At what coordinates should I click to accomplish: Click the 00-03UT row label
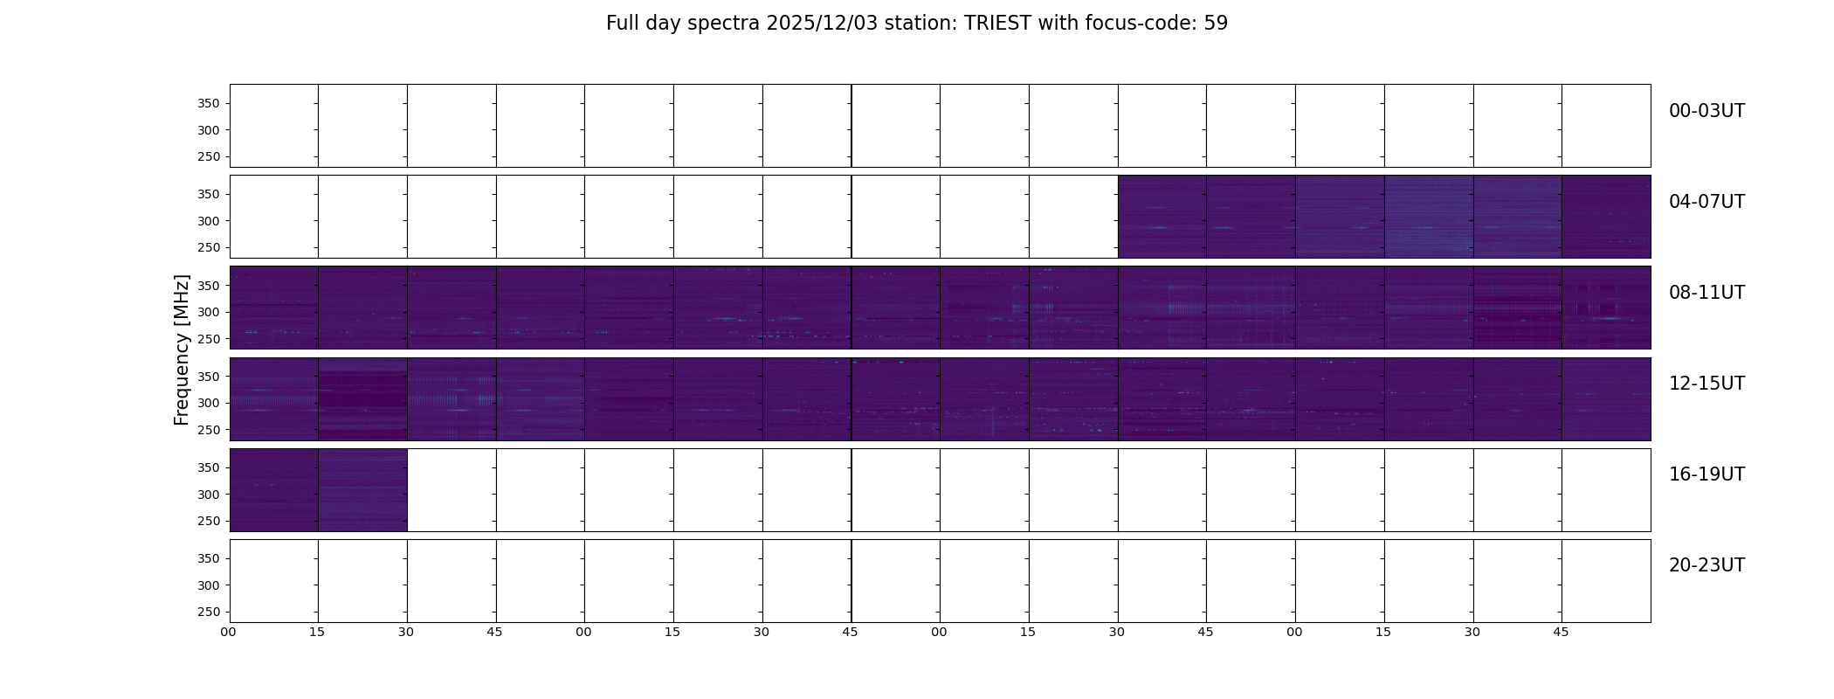pyautogui.click(x=1706, y=111)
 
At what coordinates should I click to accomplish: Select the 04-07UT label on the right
pyautogui.click(x=1706, y=202)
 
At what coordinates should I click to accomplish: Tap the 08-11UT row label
pyautogui.click(x=1706, y=293)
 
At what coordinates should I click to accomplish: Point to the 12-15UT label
pyautogui.click(x=1706, y=384)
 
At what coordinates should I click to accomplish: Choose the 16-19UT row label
pyautogui.click(x=1706, y=474)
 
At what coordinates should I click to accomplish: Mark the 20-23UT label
pyautogui.click(x=1706, y=565)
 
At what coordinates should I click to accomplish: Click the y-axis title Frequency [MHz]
pyautogui.click(x=182, y=349)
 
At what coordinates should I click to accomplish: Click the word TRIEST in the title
pyautogui.click(x=997, y=24)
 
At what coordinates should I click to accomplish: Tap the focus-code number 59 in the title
pyautogui.click(x=1216, y=24)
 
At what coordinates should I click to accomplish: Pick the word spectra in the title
pyautogui.click(x=724, y=24)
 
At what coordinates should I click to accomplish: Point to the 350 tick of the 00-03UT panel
pyautogui.click(x=209, y=104)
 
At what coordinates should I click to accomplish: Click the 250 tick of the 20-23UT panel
pyautogui.click(x=209, y=612)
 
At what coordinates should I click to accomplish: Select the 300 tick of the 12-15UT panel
pyautogui.click(x=209, y=403)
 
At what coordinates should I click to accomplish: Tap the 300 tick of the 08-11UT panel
pyautogui.click(x=209, y=312)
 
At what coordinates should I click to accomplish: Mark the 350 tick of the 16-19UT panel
pyautogui.click(x=209, y=467)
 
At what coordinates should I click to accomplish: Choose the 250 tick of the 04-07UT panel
pyautogui.click(x=209, y=248)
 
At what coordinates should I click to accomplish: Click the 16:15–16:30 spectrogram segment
pyautogui.click(x=362, y=490)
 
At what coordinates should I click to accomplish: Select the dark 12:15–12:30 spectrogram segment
pyautogui.click(x=362, y=399)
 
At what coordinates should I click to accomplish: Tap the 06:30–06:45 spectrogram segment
pyautogui.click(x=1517, y=217)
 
